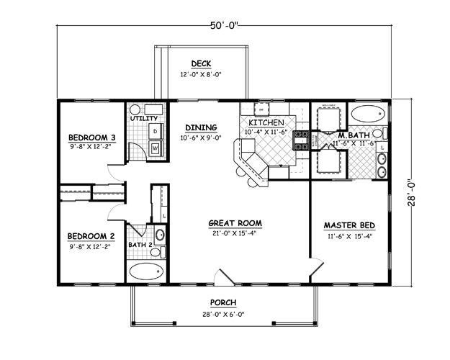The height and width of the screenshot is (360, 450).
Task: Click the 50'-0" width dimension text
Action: pyautogui.click(x=224, y=27)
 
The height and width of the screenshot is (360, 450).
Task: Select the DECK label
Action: pyautogui.click(x=201, y=63)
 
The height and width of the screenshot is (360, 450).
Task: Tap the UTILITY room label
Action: pyautogui.click(x=143, y=117)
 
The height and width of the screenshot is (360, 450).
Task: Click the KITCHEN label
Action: pyautogui.click(x=268, y=122)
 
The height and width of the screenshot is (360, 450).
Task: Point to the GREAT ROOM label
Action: pyautogui.click(x=235, y=222)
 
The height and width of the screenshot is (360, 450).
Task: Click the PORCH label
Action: pyautogui.click(x=224, y=302)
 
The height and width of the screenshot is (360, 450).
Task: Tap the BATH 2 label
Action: pyautogui.click(x=140, y=245)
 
